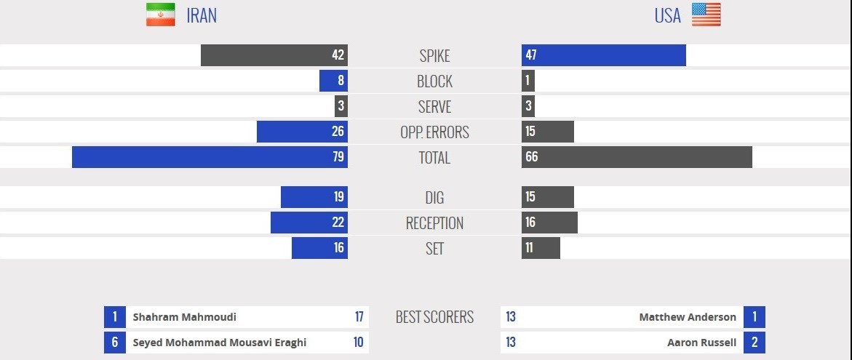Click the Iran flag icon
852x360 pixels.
coord(160,15)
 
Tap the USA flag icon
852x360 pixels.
coord(706,15)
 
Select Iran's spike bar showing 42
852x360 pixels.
coord(274,55)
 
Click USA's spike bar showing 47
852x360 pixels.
coord(603,55)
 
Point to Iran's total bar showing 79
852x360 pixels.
coord(210,157)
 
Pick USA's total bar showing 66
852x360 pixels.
coord(637,157)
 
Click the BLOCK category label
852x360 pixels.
coord(434,81)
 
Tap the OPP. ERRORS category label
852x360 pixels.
coord(434,132)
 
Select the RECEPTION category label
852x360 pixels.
coord(434,223)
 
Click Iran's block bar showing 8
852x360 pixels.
coord(333,81)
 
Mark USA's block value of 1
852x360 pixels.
coord(528,81)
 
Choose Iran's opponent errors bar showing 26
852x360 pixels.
coord(302,132)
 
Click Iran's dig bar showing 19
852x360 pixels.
coord(314,197)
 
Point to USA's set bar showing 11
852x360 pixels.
coord(541,248)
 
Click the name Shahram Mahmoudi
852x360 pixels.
coord(184,317)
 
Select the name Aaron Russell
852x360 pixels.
coord(701,343)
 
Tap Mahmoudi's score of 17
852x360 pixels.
coord(359,317)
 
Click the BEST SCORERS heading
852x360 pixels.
coord(434,317)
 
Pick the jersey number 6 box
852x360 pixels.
coord(114,343)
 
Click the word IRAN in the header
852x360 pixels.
coord(202,15)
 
